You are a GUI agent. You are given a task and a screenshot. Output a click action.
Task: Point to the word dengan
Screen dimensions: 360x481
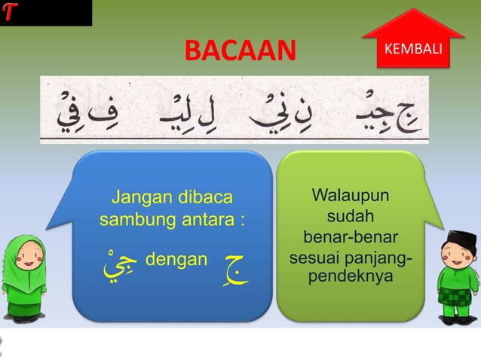(175, 261)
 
